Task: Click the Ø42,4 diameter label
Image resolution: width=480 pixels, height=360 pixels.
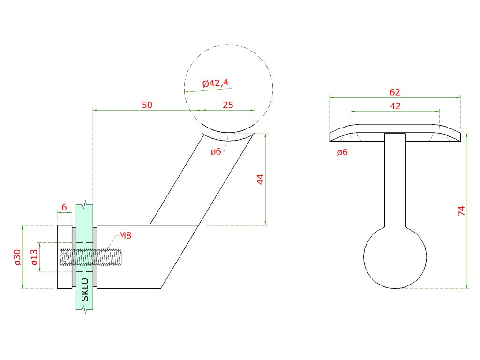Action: coord(216,83)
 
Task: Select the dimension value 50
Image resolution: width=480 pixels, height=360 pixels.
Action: coord(147,105)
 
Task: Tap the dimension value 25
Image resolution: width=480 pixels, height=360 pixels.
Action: coord(228,105)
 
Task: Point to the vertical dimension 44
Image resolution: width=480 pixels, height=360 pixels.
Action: coord(260,179)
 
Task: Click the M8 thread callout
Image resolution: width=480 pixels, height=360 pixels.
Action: coord(125,235)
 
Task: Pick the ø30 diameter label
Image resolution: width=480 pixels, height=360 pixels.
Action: coord(17,257)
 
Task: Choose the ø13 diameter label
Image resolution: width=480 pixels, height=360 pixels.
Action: coord(34,257)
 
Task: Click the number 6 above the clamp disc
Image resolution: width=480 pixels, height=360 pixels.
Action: coord(64,207)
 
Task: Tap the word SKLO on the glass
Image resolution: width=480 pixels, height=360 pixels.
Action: coord(85,290)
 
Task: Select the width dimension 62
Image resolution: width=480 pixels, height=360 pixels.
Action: coord(395,92)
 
